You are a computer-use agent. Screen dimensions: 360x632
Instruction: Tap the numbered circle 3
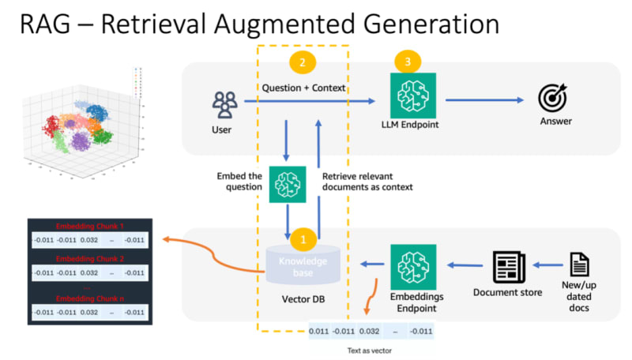(x=408, y=61)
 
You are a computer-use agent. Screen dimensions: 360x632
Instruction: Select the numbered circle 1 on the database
(x=303, y=236)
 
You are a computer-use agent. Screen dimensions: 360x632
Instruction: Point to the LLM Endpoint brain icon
(x=414, y=96)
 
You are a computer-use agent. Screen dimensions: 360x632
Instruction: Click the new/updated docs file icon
(x=579, y=264)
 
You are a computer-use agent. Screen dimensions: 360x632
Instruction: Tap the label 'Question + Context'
(x=303, y=88)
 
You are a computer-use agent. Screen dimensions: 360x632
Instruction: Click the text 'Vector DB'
(x=300, y=301)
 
